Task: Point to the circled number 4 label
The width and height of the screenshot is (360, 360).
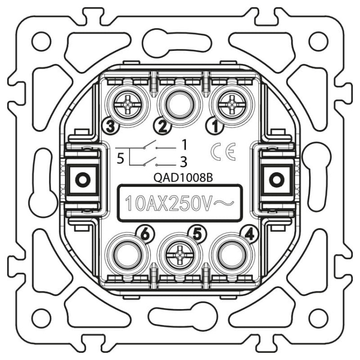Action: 250,235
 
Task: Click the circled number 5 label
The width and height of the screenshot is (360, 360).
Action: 197,235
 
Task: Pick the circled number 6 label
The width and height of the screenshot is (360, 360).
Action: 145,235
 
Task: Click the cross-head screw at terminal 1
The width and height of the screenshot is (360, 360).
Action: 231,105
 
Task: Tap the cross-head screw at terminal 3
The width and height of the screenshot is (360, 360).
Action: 127,105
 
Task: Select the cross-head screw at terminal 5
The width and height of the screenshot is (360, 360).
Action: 180,255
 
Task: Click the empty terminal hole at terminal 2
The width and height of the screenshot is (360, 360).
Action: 180,105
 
